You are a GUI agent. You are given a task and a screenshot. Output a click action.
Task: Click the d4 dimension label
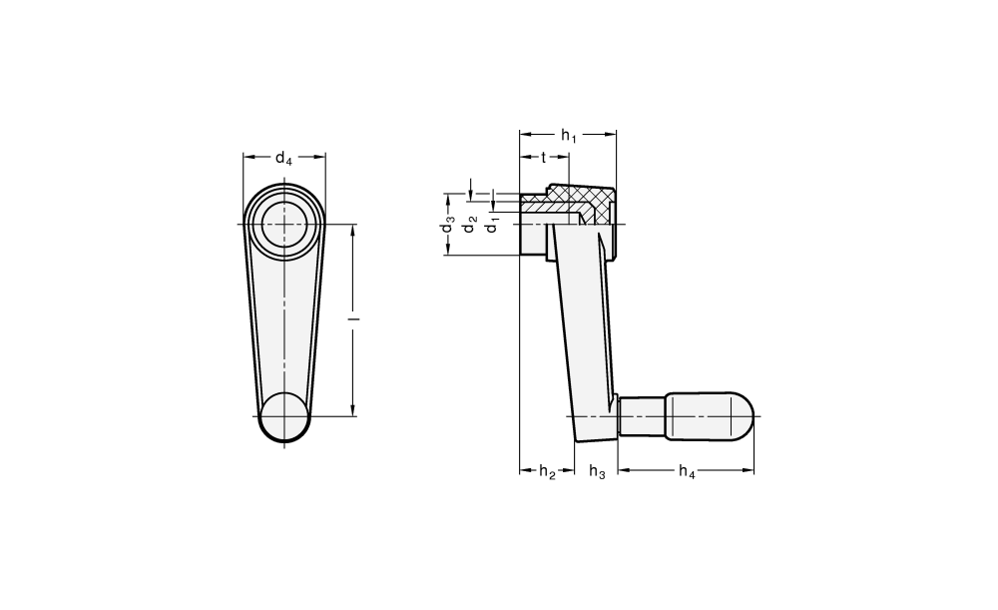pos(283,158)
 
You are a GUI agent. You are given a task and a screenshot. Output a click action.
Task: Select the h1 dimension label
pos(569,136)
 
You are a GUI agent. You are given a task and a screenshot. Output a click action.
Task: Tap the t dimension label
pos(544,158)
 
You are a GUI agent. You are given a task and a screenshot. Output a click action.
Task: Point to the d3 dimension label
pos(449,225)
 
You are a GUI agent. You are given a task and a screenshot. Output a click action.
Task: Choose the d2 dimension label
pos(470,225)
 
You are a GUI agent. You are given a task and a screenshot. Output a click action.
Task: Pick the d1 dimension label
pos(492,226)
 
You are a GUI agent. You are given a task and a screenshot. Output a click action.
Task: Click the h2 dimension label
pos(547,472)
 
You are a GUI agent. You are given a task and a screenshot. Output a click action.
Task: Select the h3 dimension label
pos(597,472)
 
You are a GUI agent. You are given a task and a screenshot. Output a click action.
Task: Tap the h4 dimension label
pos(687,472)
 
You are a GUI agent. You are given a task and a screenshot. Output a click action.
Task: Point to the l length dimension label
pos(356,318)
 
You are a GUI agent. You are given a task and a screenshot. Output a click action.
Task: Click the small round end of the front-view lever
pos(284,417)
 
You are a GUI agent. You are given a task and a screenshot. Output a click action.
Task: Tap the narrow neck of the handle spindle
pos(643,415)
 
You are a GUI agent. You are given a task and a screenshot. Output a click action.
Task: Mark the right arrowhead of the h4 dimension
pos(749,470)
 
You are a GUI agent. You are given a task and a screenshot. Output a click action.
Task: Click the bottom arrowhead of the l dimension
pos(354,410)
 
